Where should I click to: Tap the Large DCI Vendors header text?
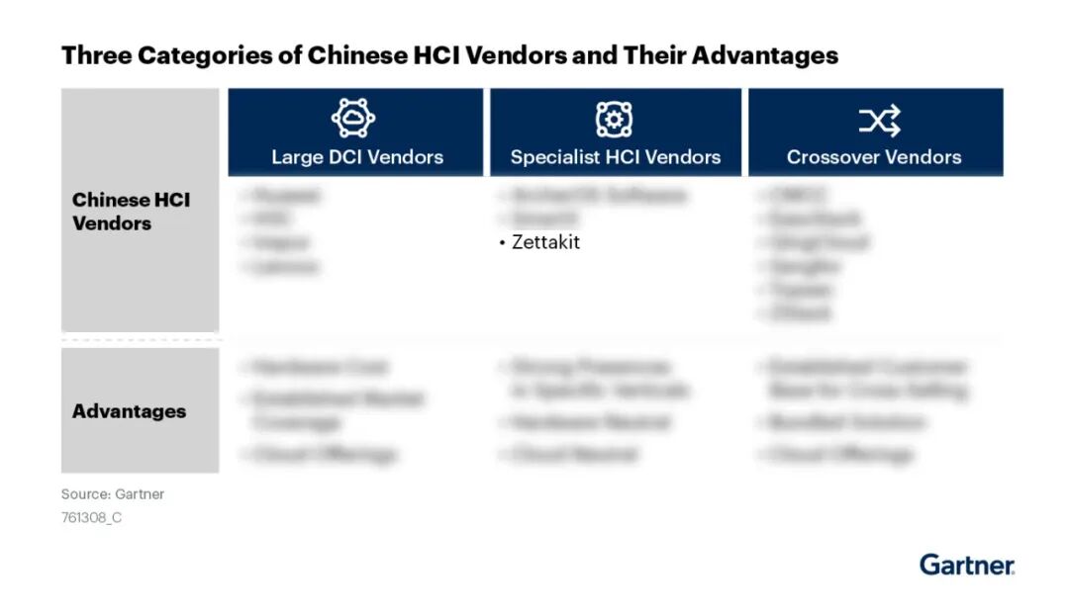(x=357, y=157)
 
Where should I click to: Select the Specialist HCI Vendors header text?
(x=616, y=157)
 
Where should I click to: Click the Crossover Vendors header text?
(x=874, y=157)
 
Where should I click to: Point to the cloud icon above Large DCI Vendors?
(x=353, y=120)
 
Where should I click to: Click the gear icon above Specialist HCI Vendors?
(x=614, y=120)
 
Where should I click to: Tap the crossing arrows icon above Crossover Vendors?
(x=879, y=121)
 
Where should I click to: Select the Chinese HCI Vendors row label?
(x=131, y=212)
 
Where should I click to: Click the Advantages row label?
(x=129, y=411)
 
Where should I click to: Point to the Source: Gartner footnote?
(x=113, y=494)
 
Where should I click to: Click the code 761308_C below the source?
(x=92, y=517)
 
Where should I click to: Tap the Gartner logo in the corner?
(x=967, y=565)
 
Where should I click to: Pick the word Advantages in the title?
(x=764, y=55)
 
